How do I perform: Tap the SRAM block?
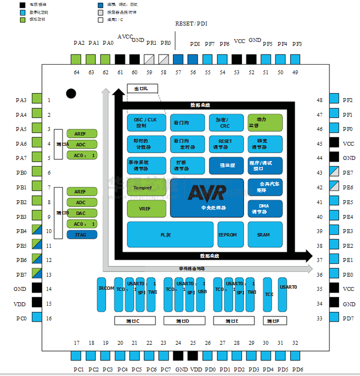click(263, 235)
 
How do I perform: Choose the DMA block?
click(263, 209)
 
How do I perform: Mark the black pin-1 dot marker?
click(71, 94)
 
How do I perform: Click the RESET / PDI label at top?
click(191, 23)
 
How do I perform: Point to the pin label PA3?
click(21, 100)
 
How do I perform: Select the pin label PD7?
click(348, 318)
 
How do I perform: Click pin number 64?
click(76, 73)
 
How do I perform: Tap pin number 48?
click(320, 100)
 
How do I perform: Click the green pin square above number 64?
click(76, 59)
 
